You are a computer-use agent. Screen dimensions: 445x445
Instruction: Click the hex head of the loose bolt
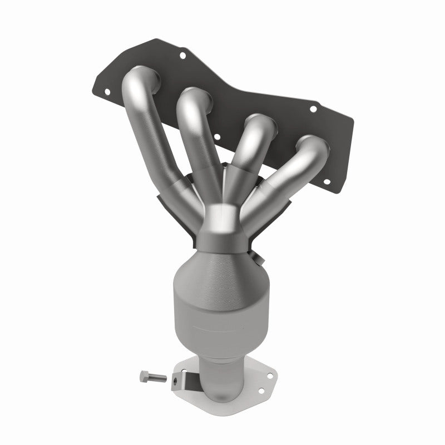142,378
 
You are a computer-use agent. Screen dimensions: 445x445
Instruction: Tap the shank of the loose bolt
157,378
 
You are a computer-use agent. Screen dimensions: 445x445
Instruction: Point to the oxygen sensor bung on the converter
256,258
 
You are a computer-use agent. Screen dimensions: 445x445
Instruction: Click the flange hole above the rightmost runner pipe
313,109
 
